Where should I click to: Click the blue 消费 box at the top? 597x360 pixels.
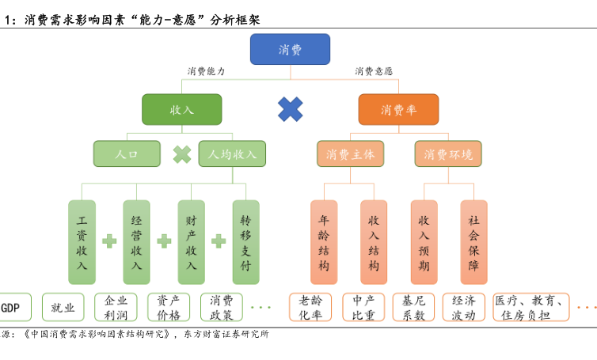click(290, 49)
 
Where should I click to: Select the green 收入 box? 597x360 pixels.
click(181, 110)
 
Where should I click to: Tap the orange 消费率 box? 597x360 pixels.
click(398, 110)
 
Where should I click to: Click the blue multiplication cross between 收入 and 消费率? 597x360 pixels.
click(291, 109)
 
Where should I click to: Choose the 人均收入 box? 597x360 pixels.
click(232, 153)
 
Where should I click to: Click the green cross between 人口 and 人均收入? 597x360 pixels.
click(182, 153)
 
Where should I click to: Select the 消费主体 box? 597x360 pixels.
click(350, 153)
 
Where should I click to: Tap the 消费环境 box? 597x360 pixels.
click(448, 153)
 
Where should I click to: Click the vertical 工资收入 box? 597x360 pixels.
click(82, 241)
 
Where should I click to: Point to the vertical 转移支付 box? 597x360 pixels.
click(245, 241)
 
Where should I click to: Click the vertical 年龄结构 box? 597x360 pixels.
click(323, 241)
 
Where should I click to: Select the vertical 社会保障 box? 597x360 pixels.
click(473, 241)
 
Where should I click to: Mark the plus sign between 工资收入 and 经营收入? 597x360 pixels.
click(109, 241)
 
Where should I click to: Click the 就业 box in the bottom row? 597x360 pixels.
click(63, 307)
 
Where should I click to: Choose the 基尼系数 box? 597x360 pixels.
click(414, 307)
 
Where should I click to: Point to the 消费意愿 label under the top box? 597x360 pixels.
click(374, 71)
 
